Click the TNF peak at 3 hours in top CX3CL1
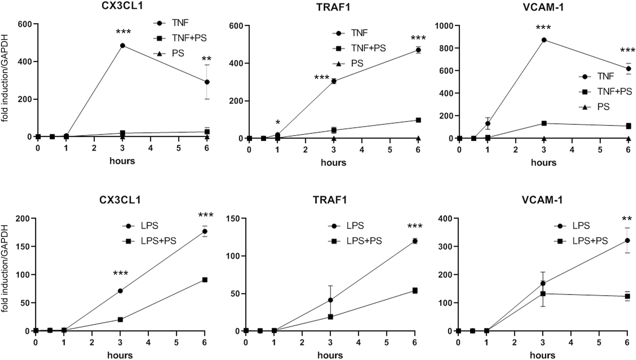click(x=122, y=46)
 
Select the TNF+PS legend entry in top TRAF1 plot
click(x=359, y=48)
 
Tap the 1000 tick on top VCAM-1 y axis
click(x=443, y=25)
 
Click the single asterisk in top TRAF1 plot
click(x=277, y=123)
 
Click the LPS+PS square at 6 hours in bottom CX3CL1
click(x=205, y=280)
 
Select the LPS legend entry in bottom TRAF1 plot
click(x=346, y=226)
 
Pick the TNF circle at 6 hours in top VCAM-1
click(x=628, y=69)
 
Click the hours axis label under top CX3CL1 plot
click(x=122, y=161)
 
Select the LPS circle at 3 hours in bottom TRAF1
click(x=330, y=300)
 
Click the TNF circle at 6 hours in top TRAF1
click(x=418, y=50)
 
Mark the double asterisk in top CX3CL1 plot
click(x=206, y=59)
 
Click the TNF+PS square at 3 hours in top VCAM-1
click(x=544, y=123)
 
